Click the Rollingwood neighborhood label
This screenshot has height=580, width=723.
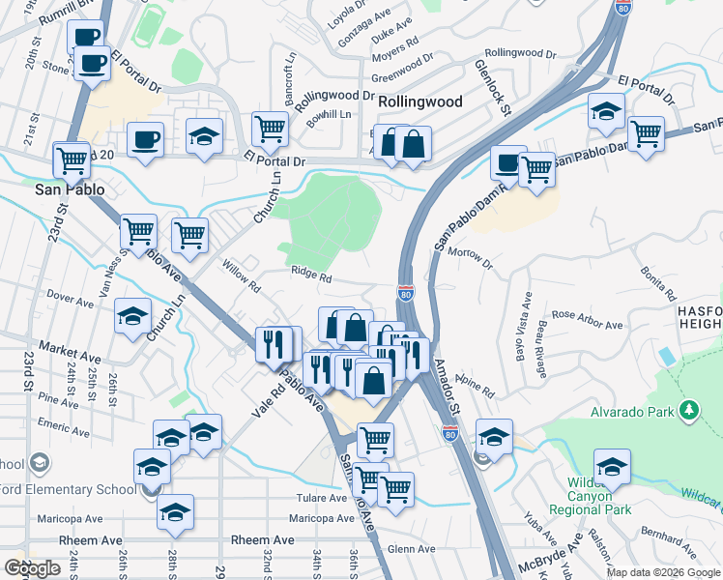[420, 101]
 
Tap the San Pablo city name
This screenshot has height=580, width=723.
[70, 189]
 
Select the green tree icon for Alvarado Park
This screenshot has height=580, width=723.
[688, 412]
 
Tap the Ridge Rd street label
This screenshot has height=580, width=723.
[312, 276]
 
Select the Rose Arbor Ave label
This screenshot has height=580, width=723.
[590, 315]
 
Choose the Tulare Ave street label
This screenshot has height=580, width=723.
[322, 499]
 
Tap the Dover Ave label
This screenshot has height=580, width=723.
[69, 301]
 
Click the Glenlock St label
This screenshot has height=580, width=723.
[492, 87]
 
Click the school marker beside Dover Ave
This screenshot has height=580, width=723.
[133, 315]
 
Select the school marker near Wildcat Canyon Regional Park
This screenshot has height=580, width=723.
[611, 468]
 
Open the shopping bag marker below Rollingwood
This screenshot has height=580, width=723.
[413, 145]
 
